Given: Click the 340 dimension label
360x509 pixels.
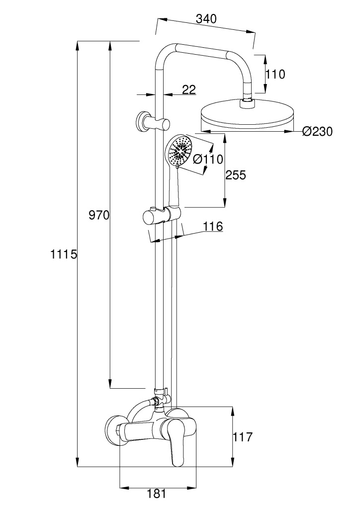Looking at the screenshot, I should (x=206, y=19).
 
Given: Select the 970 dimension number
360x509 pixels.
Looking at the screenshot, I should (x=98, y=216).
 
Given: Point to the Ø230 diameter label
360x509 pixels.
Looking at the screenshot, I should (x=317, y=132).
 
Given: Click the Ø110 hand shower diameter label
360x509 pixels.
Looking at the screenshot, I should (x=206, y=160).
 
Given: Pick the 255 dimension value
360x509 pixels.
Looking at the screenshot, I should (x=235, y=175).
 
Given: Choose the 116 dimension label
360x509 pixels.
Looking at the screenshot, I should (x=212, y=227).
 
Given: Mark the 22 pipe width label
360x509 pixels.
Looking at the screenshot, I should (x=188, y=89).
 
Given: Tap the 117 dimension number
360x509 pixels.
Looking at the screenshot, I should (x=243, y=437).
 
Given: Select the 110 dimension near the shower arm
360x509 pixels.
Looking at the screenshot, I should (x=275, y=75).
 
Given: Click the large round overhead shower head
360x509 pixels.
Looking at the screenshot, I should (x=247, y=117).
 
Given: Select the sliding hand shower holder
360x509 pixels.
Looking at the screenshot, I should (x=160, y=217).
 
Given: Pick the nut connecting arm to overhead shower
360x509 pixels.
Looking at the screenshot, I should (x=247, y=103).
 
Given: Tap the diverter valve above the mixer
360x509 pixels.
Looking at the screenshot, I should (x=160, y=397).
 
